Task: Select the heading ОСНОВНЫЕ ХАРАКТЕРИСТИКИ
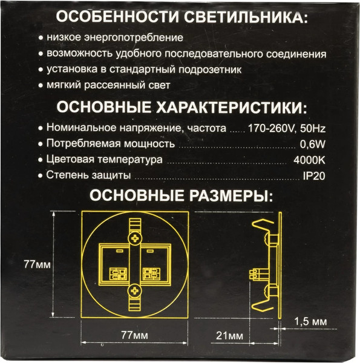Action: coord(181,108)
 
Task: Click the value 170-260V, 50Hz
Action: coord(287,128)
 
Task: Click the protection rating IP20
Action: coord(315,176)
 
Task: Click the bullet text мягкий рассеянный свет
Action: coord(109,85)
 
